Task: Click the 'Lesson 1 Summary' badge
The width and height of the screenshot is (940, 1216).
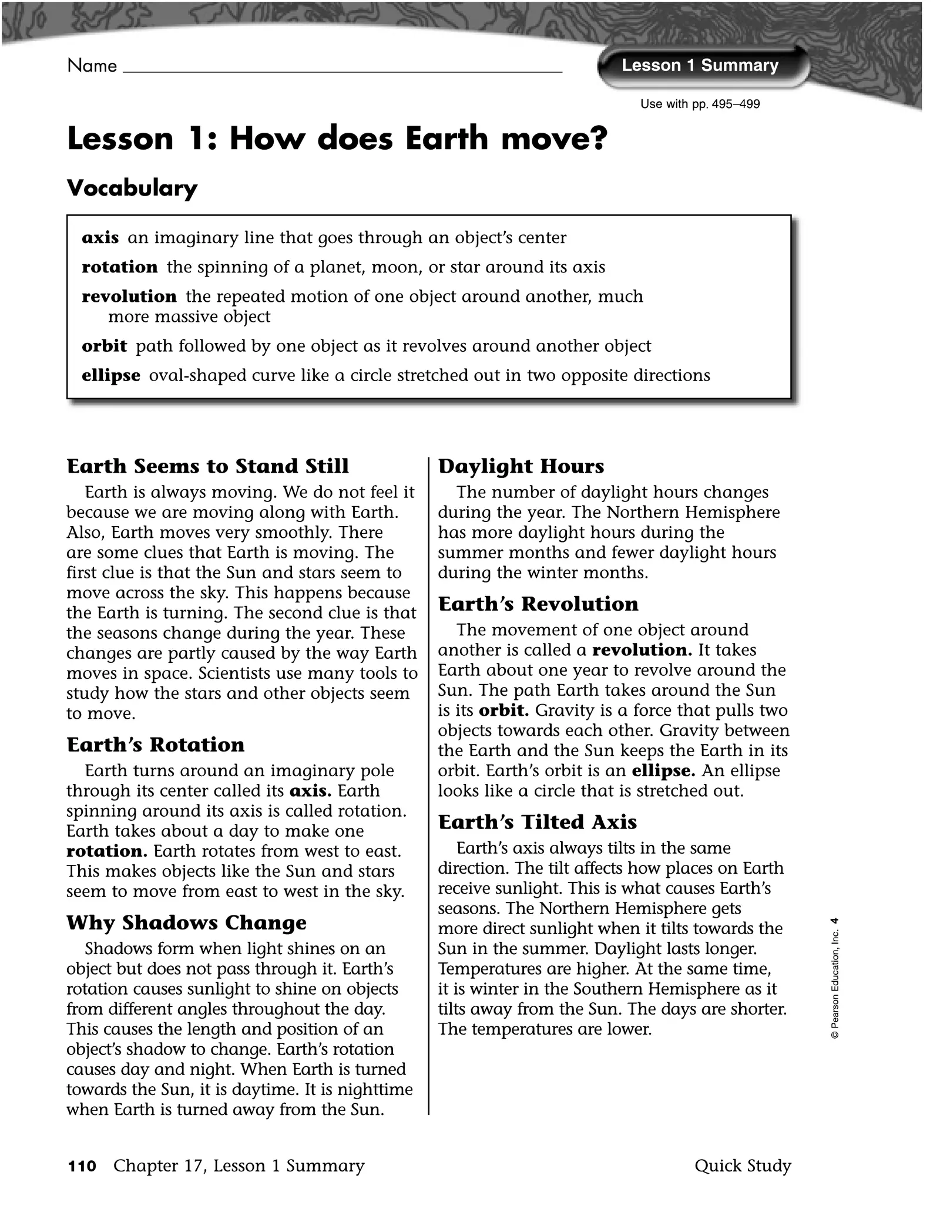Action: click(700, 66)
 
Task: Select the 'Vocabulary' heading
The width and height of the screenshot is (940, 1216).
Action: click(132, 188)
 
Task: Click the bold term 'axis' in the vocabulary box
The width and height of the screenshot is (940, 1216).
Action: click(100, 238)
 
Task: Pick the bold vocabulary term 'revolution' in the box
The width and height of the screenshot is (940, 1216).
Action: click(129, 297)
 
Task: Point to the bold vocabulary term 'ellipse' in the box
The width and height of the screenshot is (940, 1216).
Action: click(111, 375)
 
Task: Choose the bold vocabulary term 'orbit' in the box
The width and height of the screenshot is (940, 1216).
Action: click(104, 346)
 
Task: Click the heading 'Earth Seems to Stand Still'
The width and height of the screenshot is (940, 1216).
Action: click(207, 466)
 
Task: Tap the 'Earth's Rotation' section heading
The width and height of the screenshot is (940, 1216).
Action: click(156, 745)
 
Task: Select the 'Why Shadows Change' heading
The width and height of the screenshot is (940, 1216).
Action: click(186, 922)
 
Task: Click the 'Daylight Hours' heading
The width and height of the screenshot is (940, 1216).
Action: click(521, 466)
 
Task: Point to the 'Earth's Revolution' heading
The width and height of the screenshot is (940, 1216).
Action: click(538, 604)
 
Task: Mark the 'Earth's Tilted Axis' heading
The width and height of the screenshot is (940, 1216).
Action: click(538, 822)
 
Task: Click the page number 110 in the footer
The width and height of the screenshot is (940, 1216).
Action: click(82, 1166)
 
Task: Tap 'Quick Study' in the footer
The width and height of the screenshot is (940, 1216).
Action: click(743, 1166)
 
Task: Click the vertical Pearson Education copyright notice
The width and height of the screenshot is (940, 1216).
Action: click(835, 978)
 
